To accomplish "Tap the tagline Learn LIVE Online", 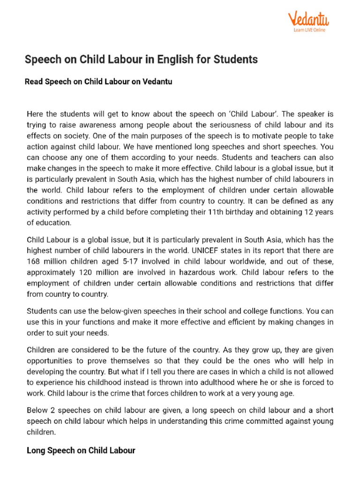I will click(x=309, y=30).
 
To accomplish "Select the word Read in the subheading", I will click(x=34, y=82).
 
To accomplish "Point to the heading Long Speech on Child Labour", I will click(x=81, y=450).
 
